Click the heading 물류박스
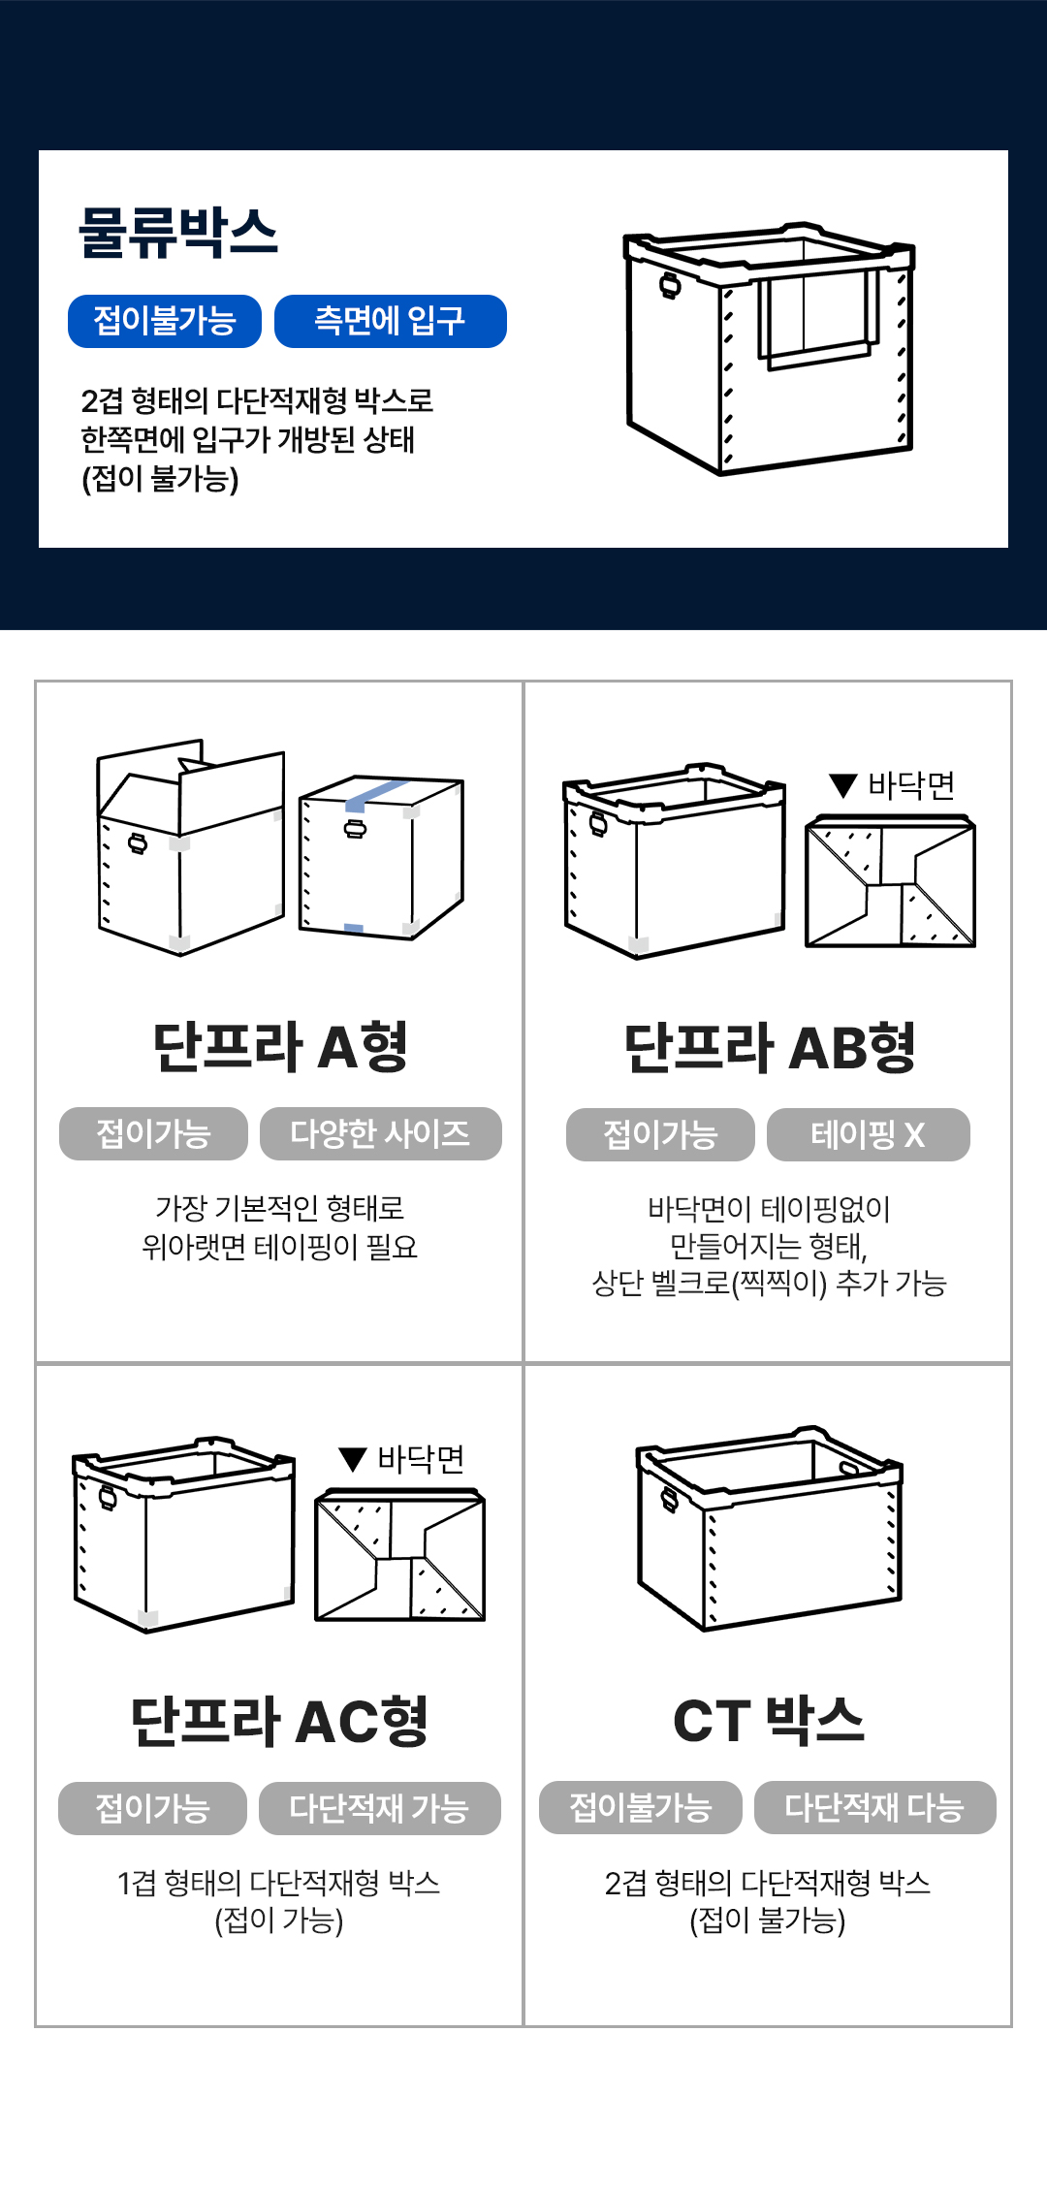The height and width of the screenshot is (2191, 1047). (178, 233)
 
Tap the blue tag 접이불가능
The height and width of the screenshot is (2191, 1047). (165, 321)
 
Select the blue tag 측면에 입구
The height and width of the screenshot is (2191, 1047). (391, 321)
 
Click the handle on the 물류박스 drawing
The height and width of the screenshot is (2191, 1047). (670, 285)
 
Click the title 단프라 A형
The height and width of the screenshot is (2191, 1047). (280, 1046)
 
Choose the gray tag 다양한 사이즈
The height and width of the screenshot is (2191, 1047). (381, 1133)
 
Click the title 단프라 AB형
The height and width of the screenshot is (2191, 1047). (770, 1047)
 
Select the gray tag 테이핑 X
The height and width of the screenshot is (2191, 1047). (869, 1134)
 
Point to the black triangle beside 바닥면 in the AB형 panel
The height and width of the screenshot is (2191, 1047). (844, 785)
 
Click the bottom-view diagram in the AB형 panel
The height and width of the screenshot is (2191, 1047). (891, 881)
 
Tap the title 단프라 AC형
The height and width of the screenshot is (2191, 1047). (280, 1721)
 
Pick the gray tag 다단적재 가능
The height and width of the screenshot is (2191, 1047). (380, 1808)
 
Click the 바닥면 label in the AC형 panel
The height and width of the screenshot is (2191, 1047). (421, 1458)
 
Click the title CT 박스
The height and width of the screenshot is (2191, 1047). (769, 1720)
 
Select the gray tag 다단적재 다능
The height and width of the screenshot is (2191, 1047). (875, 1807)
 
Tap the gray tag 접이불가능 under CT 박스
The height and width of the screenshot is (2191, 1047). (641, 1807)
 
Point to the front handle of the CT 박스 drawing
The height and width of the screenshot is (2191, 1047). (670, 1499)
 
